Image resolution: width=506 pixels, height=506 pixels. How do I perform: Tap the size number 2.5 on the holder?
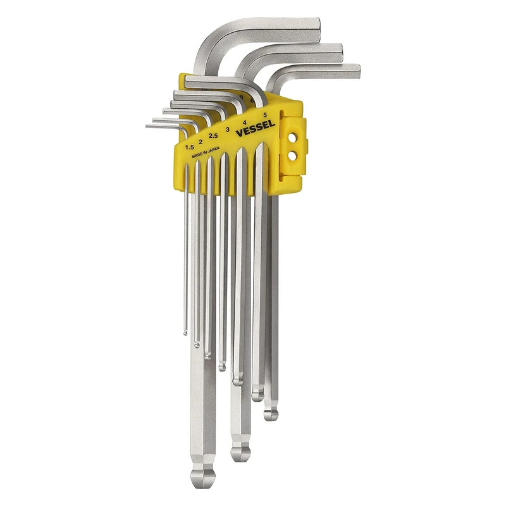tap(213, 135)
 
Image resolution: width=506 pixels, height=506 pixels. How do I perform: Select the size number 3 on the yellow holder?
tap(227, 129)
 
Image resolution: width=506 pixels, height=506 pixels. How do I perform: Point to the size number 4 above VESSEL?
tap(244, 122)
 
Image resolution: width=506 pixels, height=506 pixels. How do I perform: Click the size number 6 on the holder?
tap(252, 101)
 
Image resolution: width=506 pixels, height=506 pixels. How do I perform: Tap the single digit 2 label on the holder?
tap(201, 142)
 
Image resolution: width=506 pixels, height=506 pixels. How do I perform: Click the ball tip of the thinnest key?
tap(185, 331)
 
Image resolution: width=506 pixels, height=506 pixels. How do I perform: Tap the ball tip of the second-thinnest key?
tap(197, 345)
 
